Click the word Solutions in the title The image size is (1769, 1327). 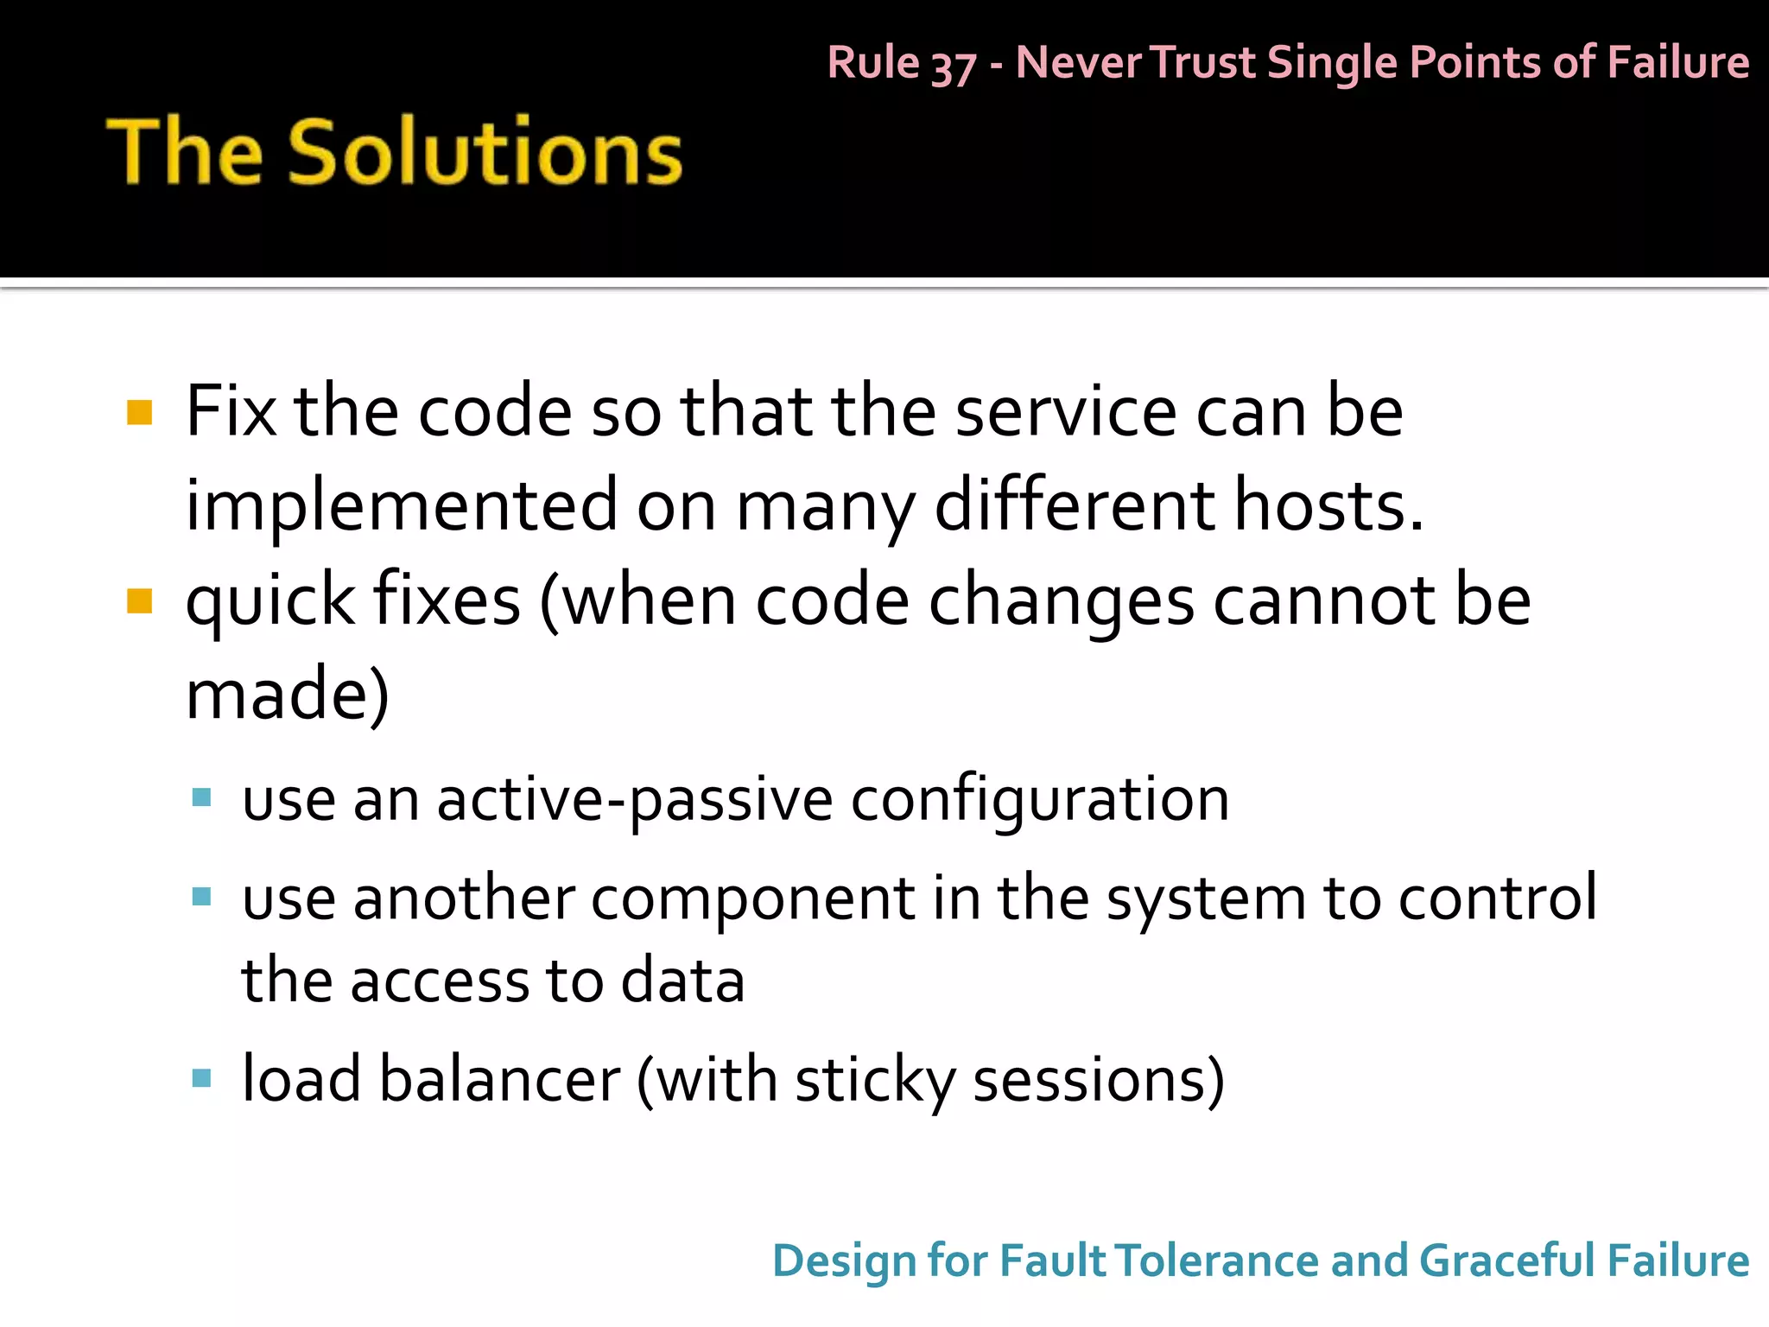pyautogui.click(x=485, y=152)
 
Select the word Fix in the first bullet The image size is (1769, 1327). pyautogui.click(x=231, y=412)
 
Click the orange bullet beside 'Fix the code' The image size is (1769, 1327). pyautogui.click(x=139, y=413)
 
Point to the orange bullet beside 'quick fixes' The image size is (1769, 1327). pyautogui.click(x=139, y=600)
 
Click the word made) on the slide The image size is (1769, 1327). pyautogui.click(x=288, y=694)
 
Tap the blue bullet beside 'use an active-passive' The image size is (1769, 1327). pyautogui.click(x=201, y=797)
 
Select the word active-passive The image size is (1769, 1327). pyautogui.click(x=635, y=799)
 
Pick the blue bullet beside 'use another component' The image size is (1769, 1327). pyautogui.click(x=201, y=897)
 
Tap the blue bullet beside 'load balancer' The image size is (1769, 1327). pyautogui.click(x=201, y=1078)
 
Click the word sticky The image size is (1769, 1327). pyautogui.click(x=875, y=1081)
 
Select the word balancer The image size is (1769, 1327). pyautogui.click(x=499, y=1079)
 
